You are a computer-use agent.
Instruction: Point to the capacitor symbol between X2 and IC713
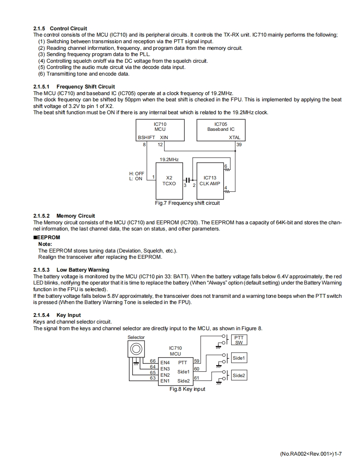click(188, 180)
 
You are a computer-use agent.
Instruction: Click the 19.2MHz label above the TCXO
click(169, 159)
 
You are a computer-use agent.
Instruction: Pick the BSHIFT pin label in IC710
click(146, 137)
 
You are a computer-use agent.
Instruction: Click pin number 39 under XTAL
click(239, 145)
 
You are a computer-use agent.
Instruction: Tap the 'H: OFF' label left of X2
click(137, 174)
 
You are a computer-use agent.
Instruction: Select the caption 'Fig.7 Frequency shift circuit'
click(187, 203)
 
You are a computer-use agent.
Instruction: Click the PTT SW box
click(239, 340)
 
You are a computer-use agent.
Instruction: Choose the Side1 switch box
click(239, 358)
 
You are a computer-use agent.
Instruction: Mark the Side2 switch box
click(239, 375)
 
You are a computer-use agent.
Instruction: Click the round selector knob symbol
click(136, 348)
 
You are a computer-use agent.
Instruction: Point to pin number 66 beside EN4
click(153, 361)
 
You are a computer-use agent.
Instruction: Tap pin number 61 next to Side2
click(197, 378)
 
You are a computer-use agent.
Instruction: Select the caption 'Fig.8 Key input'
click(187, 389)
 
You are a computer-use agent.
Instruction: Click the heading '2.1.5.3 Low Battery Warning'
click(71, 270)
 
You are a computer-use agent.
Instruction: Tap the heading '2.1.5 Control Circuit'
click(60, 29)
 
